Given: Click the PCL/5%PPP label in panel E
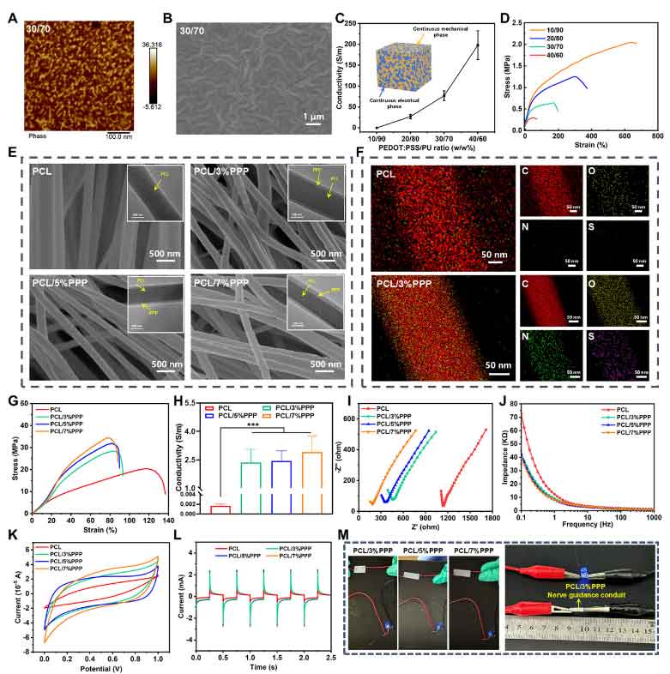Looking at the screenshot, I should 63,282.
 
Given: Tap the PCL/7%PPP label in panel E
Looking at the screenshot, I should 222,282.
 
